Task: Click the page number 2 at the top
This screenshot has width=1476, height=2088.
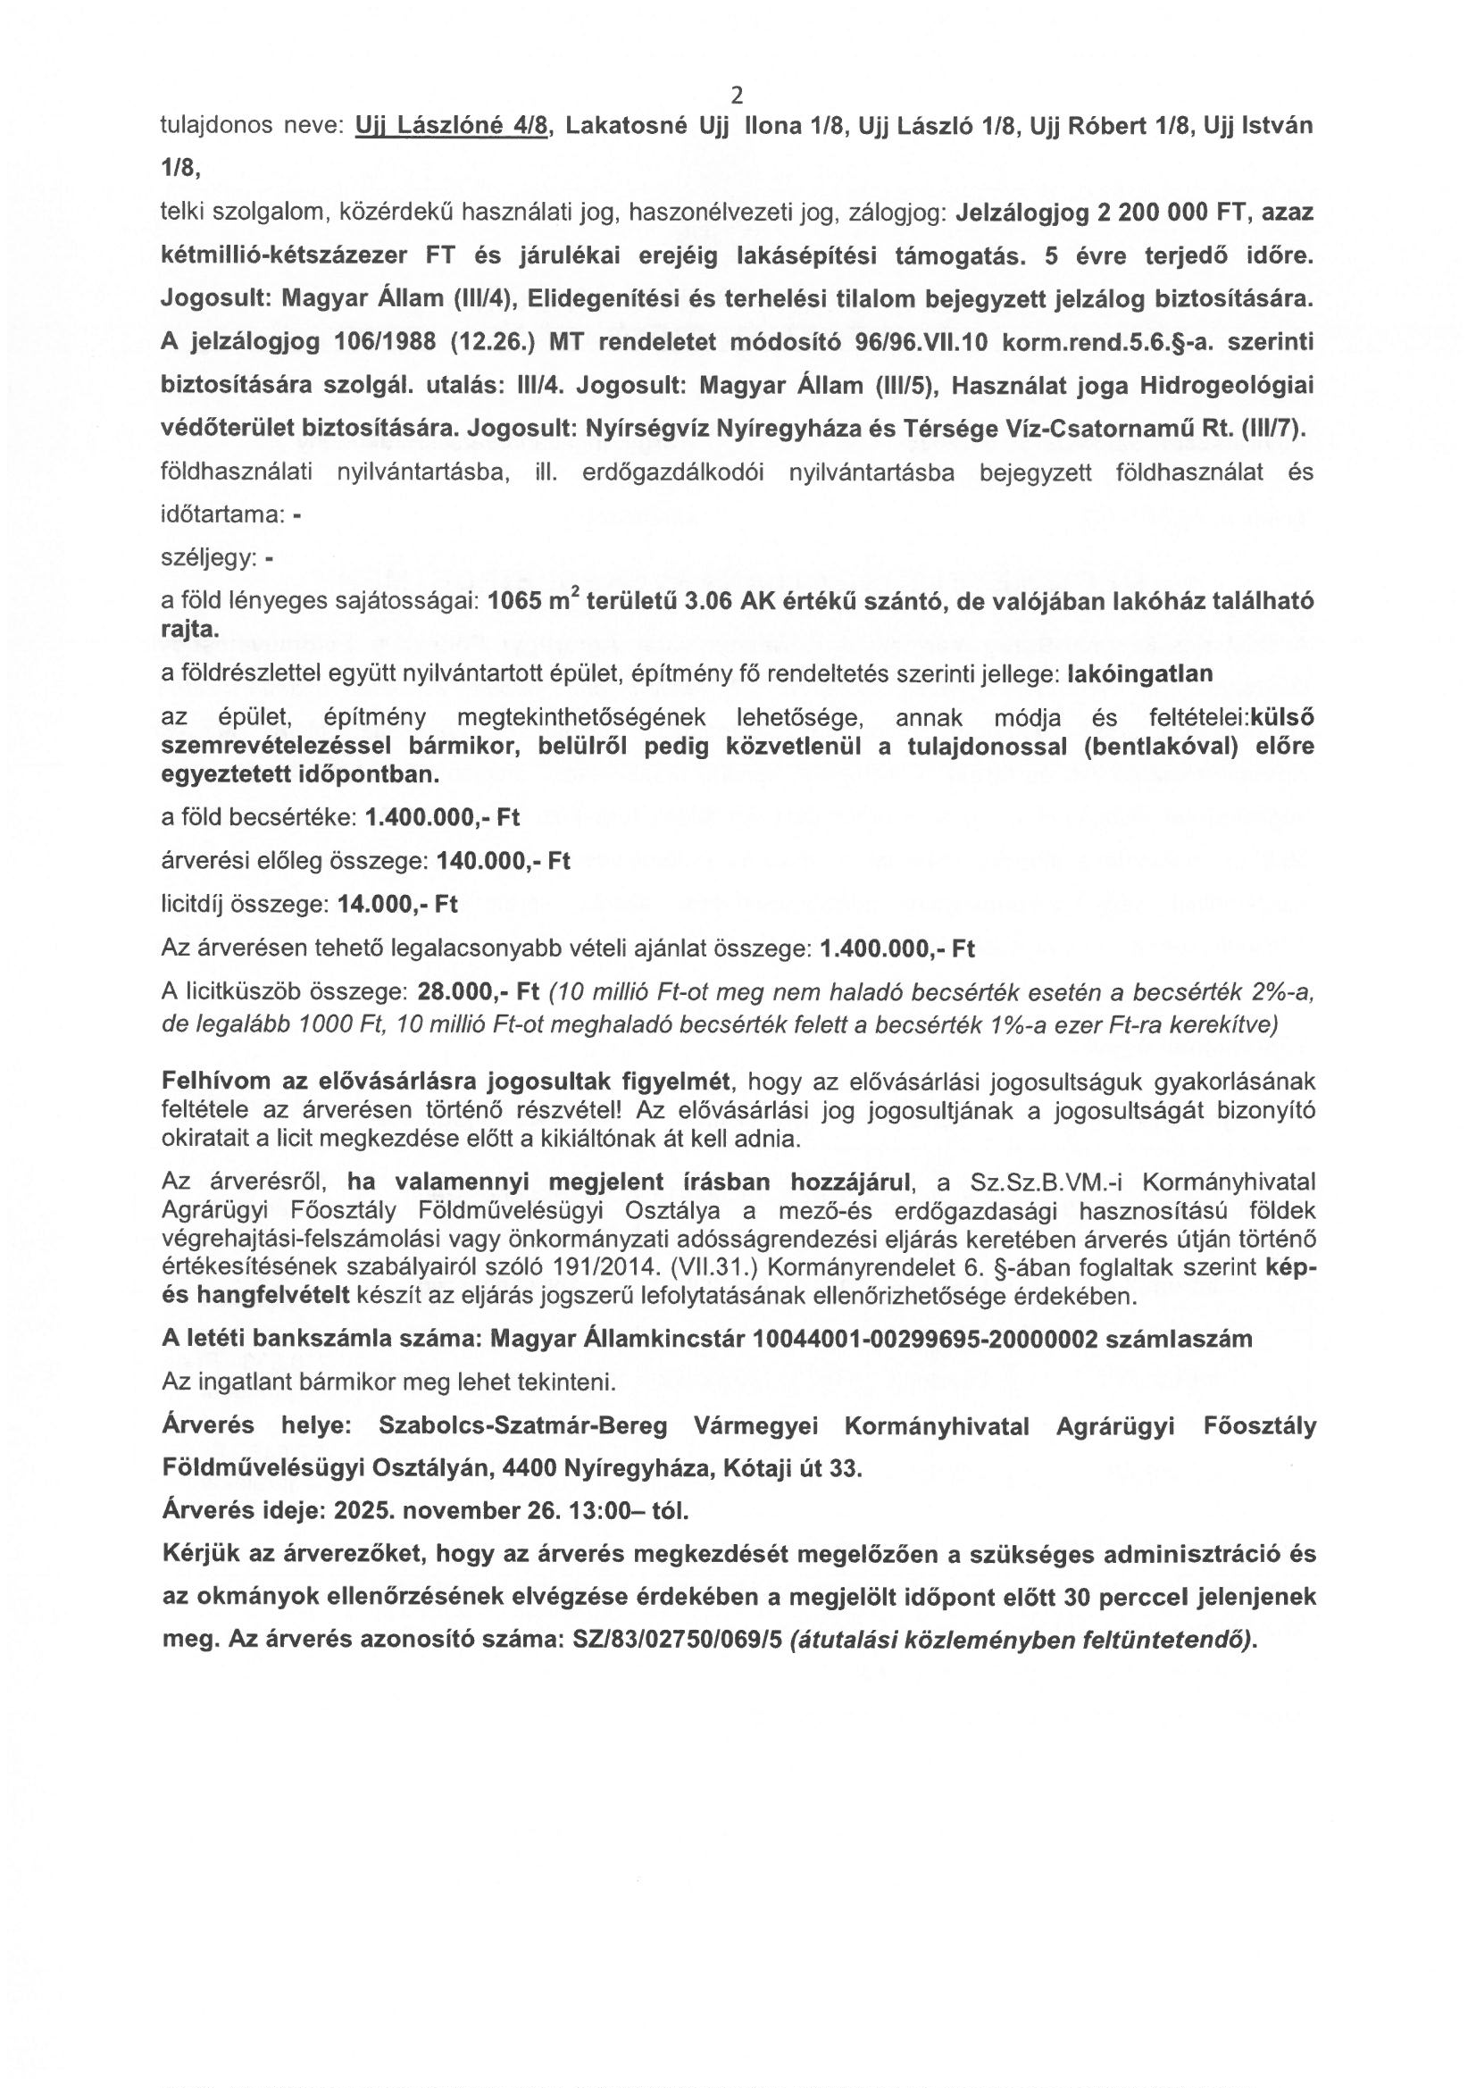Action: (737, 96)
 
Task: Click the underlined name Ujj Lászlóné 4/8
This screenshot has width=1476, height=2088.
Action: (452, 126)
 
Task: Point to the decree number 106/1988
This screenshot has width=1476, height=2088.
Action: (404, 341)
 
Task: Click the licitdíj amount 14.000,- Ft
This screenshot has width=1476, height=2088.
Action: (397, 904)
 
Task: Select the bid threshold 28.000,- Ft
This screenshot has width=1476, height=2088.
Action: (479, 990)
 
